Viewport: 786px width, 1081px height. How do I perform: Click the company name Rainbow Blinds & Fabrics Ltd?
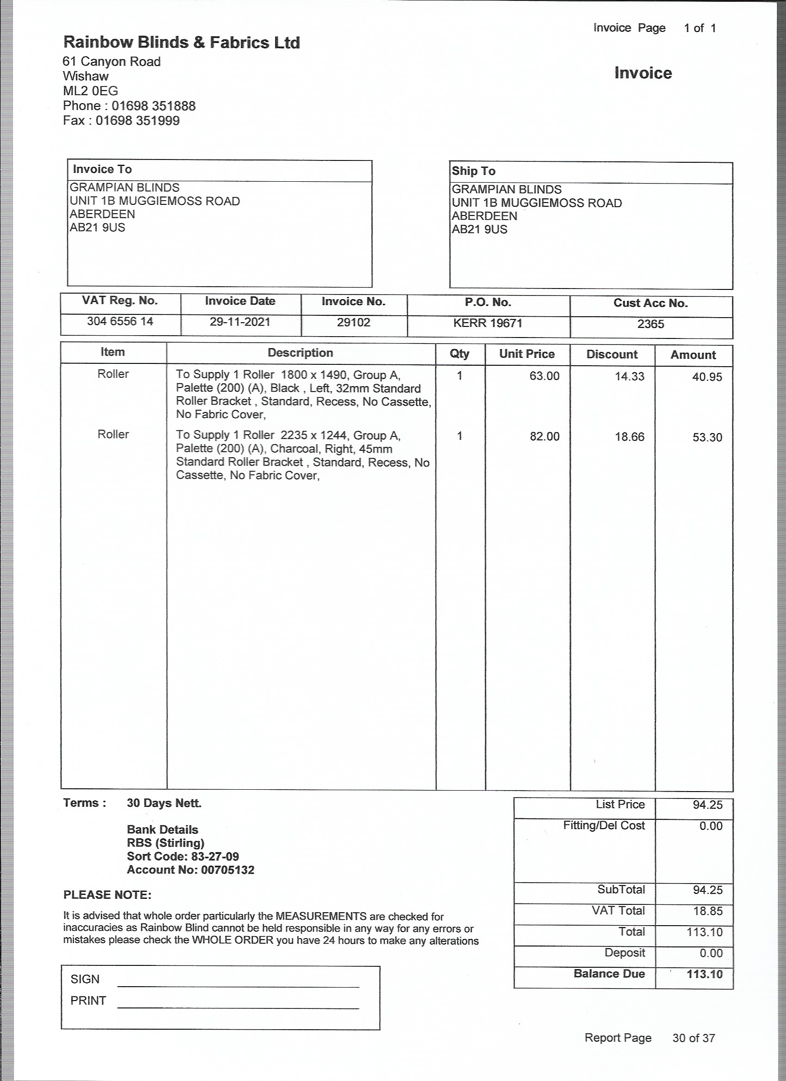(x=182, y=43)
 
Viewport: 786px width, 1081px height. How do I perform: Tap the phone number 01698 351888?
(x=154, y=106)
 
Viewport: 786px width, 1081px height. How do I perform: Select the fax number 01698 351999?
(x=138, y=121)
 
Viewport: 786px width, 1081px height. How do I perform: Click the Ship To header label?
(x=473, y=171)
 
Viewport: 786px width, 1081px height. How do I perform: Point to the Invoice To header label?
(x=102, y=169)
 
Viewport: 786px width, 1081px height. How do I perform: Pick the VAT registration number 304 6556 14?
(x=120, y=321)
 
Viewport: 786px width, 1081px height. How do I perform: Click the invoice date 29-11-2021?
(x=240, y=322)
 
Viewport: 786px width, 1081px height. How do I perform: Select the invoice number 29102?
(x=353, y=322)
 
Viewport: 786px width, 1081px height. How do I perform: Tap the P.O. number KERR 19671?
(x=488, y=323)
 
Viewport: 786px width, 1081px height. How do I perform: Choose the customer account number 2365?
(x=650, y=324)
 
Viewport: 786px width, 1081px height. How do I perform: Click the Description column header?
(x=300, y=353)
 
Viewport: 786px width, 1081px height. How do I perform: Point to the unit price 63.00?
(x=544, y=376)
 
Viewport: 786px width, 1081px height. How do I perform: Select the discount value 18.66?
(x=629, y=437)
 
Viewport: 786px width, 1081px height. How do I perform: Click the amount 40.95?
(x=707, y=377)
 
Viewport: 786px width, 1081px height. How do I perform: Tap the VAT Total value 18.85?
(x=707, y=911)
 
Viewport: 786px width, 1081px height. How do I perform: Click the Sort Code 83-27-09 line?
(x=183, y=856)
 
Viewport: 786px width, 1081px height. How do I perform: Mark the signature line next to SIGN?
(x=238, y=985)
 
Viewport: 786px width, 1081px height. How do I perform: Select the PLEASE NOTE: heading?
(x=107, y=895)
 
